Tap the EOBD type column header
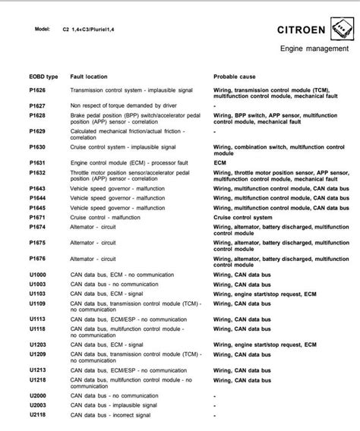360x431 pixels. tap(43, 77)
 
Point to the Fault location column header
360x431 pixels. tap(90, 77)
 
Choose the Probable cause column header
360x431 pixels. tap(235, 77)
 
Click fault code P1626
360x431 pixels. tap(37, 90)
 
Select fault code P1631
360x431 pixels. tap(37, 162)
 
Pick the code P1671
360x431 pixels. tap(37, 216)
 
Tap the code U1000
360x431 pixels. tap(37, 274)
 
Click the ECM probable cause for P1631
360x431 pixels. tap(220, 162)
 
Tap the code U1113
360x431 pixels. tap(37, 318)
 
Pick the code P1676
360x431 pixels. tap(37, 259)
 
